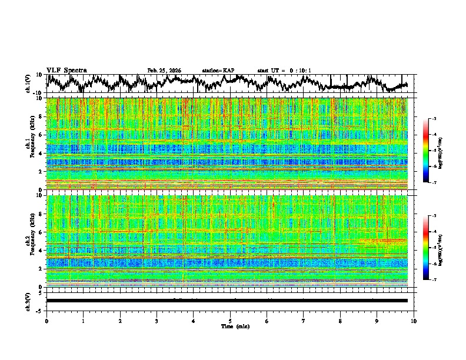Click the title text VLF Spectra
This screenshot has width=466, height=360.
[66, 70]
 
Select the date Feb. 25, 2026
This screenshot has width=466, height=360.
[164, 70]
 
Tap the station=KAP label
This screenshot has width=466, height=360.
[218, 70]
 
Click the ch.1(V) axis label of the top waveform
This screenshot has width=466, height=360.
[28, 84]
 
